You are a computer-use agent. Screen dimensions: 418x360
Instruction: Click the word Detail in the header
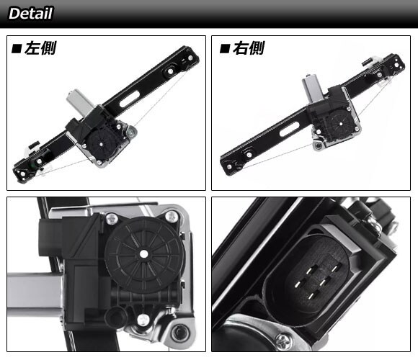(x=31, y=13)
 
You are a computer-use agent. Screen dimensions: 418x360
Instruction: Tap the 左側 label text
(x=40, y=48)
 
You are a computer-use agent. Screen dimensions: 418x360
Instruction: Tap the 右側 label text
(x=249, y=48)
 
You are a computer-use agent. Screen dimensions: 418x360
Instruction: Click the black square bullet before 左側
(x=17, y=49)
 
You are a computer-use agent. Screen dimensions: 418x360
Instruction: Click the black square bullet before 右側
(x=225, y=49)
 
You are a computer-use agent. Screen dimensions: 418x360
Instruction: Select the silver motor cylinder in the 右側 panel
(x=313, y=88)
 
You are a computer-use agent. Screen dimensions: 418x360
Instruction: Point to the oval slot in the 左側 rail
(x=130, y=99)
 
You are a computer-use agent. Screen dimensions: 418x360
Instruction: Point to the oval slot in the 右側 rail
(x=289, y=129)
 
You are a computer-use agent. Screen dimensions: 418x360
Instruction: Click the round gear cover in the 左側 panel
(x=102, y=144)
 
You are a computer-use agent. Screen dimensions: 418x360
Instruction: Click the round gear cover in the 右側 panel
(x=341, y=123)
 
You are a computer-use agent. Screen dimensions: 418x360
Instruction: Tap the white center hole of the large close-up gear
(x=144, y=254)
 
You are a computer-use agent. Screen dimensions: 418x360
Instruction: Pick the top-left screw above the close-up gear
(x=112, y=219)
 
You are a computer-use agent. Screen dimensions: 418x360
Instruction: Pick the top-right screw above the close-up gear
(x=171, y=216)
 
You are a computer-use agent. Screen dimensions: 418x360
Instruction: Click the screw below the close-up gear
(x=143, y=319)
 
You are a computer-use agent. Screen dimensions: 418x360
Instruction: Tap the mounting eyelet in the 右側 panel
(x=317, y=145)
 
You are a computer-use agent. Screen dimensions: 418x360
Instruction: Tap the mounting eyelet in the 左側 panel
(x=131, y=131)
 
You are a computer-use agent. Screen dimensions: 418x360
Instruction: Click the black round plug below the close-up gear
(x=116, y=317)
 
